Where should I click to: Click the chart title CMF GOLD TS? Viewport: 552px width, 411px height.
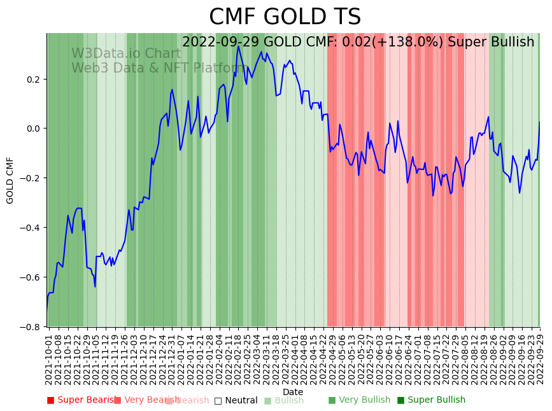coord(285,17)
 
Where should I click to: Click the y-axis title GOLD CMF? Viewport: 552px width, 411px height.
coord(10,180)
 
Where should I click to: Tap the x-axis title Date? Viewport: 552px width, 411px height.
coord(293,392)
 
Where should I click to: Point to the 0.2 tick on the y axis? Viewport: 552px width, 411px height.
coord(32,80)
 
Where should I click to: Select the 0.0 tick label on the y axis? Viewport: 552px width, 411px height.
coord(32,129)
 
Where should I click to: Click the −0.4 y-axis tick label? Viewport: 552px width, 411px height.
coord(30,228)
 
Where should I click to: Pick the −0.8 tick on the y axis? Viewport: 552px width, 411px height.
coord(30,327)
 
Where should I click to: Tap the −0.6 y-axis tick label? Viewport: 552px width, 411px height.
coord(30,277)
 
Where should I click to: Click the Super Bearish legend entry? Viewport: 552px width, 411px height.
coord(81,400)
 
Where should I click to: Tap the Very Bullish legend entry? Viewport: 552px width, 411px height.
coord(359,400)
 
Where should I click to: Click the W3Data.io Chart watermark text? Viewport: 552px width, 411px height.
coord(126,53)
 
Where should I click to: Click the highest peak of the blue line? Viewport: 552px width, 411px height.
coord(238,46)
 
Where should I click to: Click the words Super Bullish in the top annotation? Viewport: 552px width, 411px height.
coord(491,43)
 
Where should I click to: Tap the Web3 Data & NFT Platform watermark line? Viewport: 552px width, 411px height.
coord(158,68)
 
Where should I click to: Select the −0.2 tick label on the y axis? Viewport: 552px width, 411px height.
coord(30,178)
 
